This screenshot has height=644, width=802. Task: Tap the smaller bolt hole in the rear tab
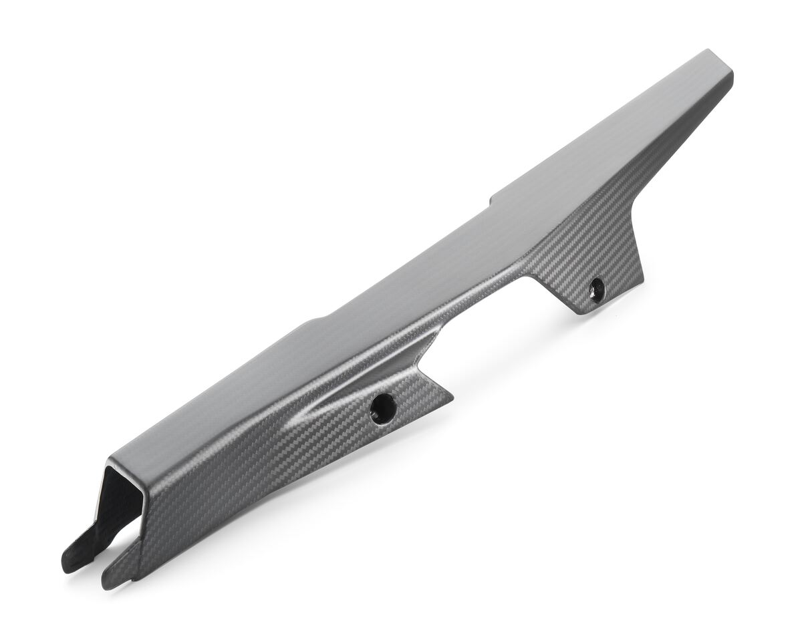(596, 289)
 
